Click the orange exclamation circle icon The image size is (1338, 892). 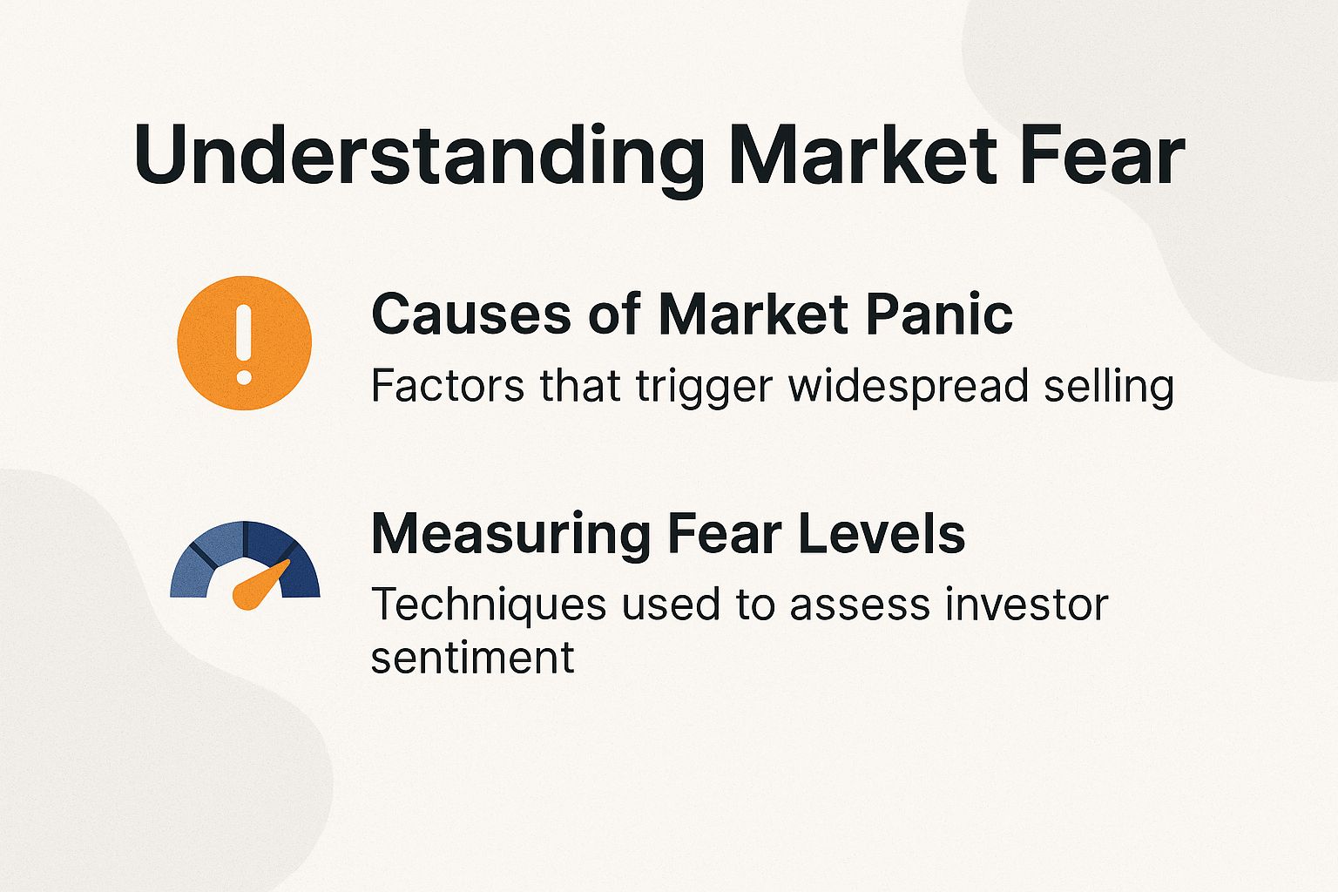point(244,342)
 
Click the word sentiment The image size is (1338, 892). point(472,658)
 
